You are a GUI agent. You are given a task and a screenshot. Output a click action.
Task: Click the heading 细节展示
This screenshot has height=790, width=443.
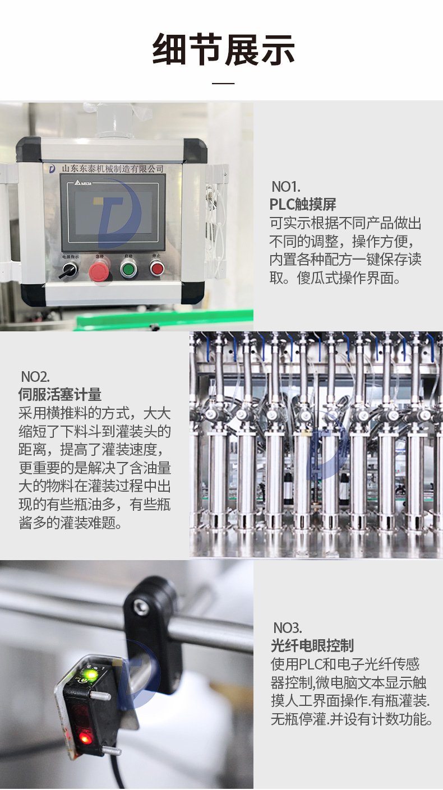pyautogui.click(x=223, y=49)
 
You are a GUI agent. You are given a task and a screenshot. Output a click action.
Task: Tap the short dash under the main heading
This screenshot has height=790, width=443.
pyautogui.click(x=223, y=83)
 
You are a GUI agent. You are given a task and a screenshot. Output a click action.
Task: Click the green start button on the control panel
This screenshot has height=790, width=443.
pyautogui.click(x=128, y=269)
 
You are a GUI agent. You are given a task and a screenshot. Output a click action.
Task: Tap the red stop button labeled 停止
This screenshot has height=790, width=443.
pyautogui.click(x=156, y=269)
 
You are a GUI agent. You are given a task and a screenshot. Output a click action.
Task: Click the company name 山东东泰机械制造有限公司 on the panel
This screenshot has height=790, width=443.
pyautogui.click(x=113, y=169)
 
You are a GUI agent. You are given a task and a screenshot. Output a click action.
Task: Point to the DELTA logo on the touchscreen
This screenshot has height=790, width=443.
pyautogui.click(x=83, y=183)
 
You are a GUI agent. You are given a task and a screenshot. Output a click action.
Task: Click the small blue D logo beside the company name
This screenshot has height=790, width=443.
pyautogui.click(x=52, y=169)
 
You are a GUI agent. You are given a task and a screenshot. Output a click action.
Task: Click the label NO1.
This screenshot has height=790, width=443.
pyautogui.click(x=285, y=186)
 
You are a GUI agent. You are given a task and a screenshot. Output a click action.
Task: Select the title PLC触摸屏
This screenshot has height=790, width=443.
pyautogui.click(x=303, y=204)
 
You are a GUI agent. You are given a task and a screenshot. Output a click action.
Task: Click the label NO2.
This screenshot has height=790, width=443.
pyautogui.click(x=35, y=377)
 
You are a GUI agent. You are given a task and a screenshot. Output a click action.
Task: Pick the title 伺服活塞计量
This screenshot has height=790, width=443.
pyautogui.click(x=60, y=395)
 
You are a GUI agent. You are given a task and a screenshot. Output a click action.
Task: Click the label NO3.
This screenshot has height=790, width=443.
pyautogui.click(x=288, y=628)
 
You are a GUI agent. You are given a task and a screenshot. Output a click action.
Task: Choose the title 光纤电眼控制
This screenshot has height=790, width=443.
pyautogui.click(x=312, y=646)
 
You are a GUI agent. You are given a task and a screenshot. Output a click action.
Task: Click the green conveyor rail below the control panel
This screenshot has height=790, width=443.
pyautogui.click(x=164, y=320)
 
